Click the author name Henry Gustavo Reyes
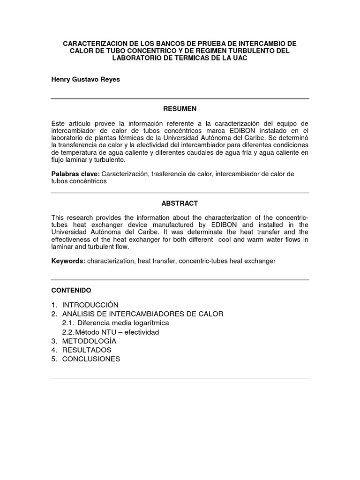(x=85, y=80)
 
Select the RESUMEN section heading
(x=180, y=109)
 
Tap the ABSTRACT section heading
(x=180, y=203)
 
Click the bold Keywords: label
(x=68, y=261)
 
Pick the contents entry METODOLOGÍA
(x=89, y=341)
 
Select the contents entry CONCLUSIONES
(x=91, y=359)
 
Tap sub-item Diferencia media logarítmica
(x=123, y=323)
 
